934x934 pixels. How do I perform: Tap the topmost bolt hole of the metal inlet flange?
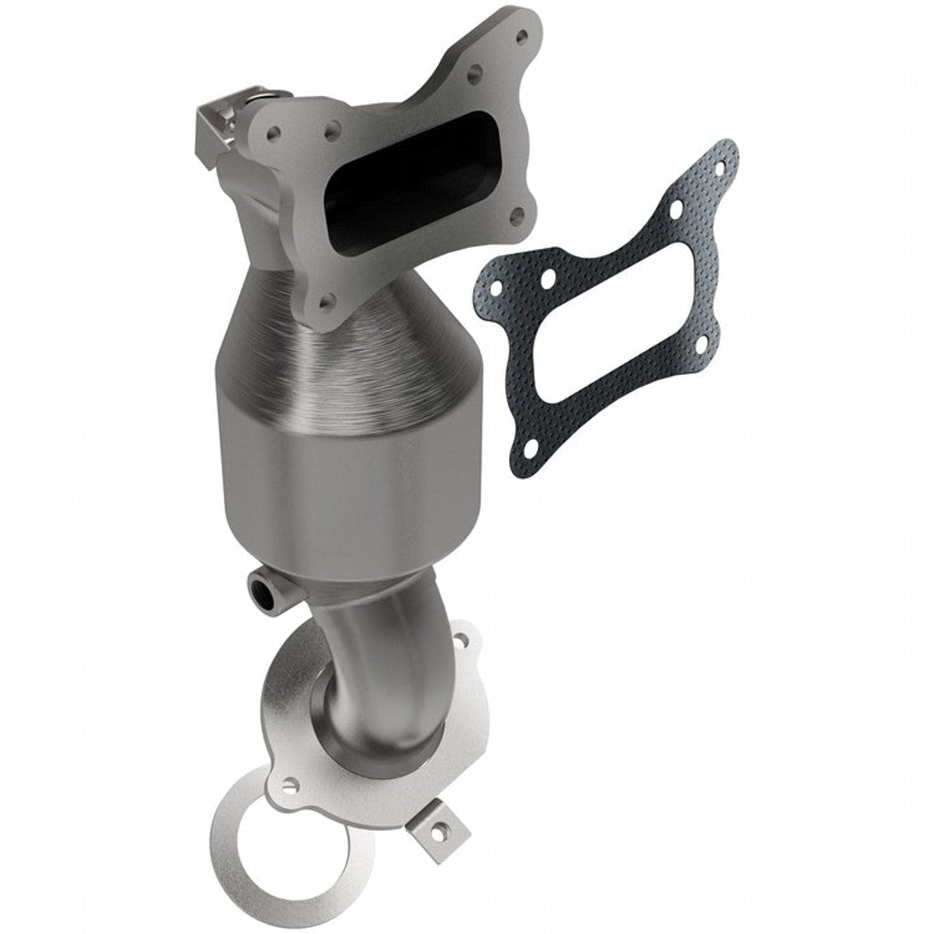click(x=522, y=37)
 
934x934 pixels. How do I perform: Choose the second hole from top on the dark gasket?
click(x=676, y=210)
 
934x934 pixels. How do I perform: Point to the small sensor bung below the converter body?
click(x=266, y=590)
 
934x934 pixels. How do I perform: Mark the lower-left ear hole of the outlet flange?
click(x=289, y=784)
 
